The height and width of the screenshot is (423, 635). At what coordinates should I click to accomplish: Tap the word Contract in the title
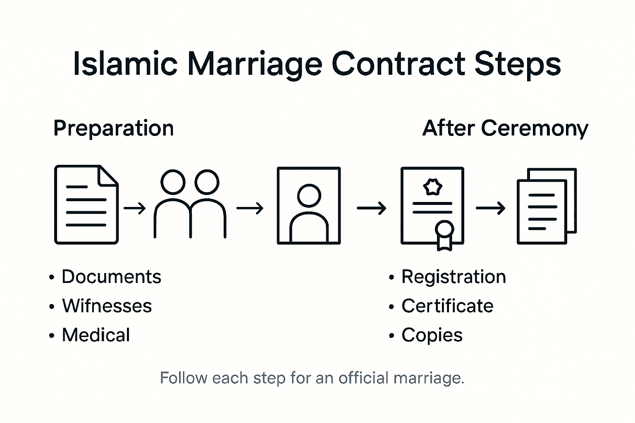point(399,64)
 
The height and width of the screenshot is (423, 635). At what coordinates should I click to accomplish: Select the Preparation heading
point(114,128)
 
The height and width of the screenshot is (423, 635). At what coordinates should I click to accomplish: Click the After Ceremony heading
point(505,128)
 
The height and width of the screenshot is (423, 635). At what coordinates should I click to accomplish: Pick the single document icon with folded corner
point(86,205)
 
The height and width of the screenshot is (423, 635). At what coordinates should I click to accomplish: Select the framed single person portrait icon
point(309,205)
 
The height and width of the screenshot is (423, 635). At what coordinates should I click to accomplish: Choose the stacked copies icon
point(547,206)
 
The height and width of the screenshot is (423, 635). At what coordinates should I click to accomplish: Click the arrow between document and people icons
point(135,208)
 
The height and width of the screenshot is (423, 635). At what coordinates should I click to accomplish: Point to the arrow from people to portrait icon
point(250,208)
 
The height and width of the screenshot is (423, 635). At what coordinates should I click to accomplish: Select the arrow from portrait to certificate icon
point(371,208)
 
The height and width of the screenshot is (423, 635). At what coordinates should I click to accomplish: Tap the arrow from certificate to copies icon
point(490,208)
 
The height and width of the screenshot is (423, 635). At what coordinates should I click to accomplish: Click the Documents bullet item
point(111,277)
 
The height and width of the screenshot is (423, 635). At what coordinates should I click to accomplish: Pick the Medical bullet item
point(96,335)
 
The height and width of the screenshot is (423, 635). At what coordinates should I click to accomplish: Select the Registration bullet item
point(454,277)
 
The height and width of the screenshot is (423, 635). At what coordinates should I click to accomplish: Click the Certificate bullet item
point(447,306)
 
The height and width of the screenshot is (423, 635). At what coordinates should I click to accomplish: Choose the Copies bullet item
point(432,335)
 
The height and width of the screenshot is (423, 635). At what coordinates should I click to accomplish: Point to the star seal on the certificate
point(432,187)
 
